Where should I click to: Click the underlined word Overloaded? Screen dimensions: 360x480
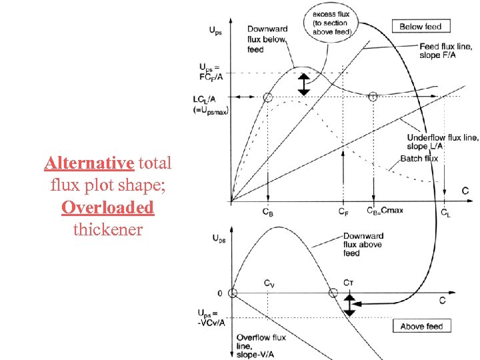click(x=107, y=207)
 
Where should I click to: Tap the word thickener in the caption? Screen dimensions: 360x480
click(x=107, y=229)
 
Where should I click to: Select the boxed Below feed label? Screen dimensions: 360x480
click(x=420, y=27)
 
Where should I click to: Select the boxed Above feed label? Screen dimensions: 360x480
click(x=421, y=326)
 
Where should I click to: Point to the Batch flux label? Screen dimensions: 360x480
click(x=419, y=159)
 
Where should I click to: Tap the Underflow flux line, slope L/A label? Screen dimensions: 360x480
click(x=442, y=141)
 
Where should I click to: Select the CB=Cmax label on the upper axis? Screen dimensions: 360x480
click(x=385, y=211)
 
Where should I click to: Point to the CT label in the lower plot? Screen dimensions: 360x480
click(x=348, y=283)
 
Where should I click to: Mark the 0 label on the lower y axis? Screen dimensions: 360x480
click(x=219, y=293)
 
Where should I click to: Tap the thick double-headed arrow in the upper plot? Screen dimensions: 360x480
click(x=304, y=85)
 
